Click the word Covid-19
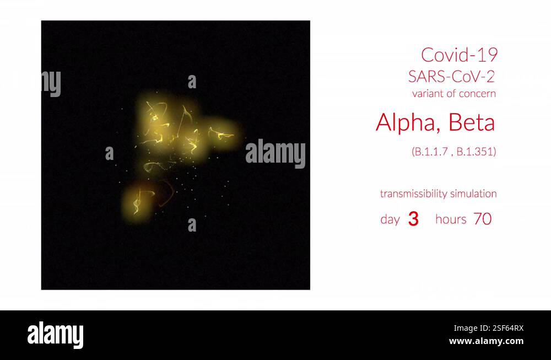point(459,55)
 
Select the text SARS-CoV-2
point(451,76)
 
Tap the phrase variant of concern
point(453,94)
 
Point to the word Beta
point(472,122)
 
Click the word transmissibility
point(413,194)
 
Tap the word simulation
point(473,194)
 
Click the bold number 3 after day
point(413,219)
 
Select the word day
point(390,219)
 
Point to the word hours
point(451,219)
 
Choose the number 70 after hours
point(483,219)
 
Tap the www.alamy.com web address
point(486,341)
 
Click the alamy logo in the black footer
point(55,335)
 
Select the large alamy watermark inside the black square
point(275,154)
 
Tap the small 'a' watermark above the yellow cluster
point(192,82)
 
